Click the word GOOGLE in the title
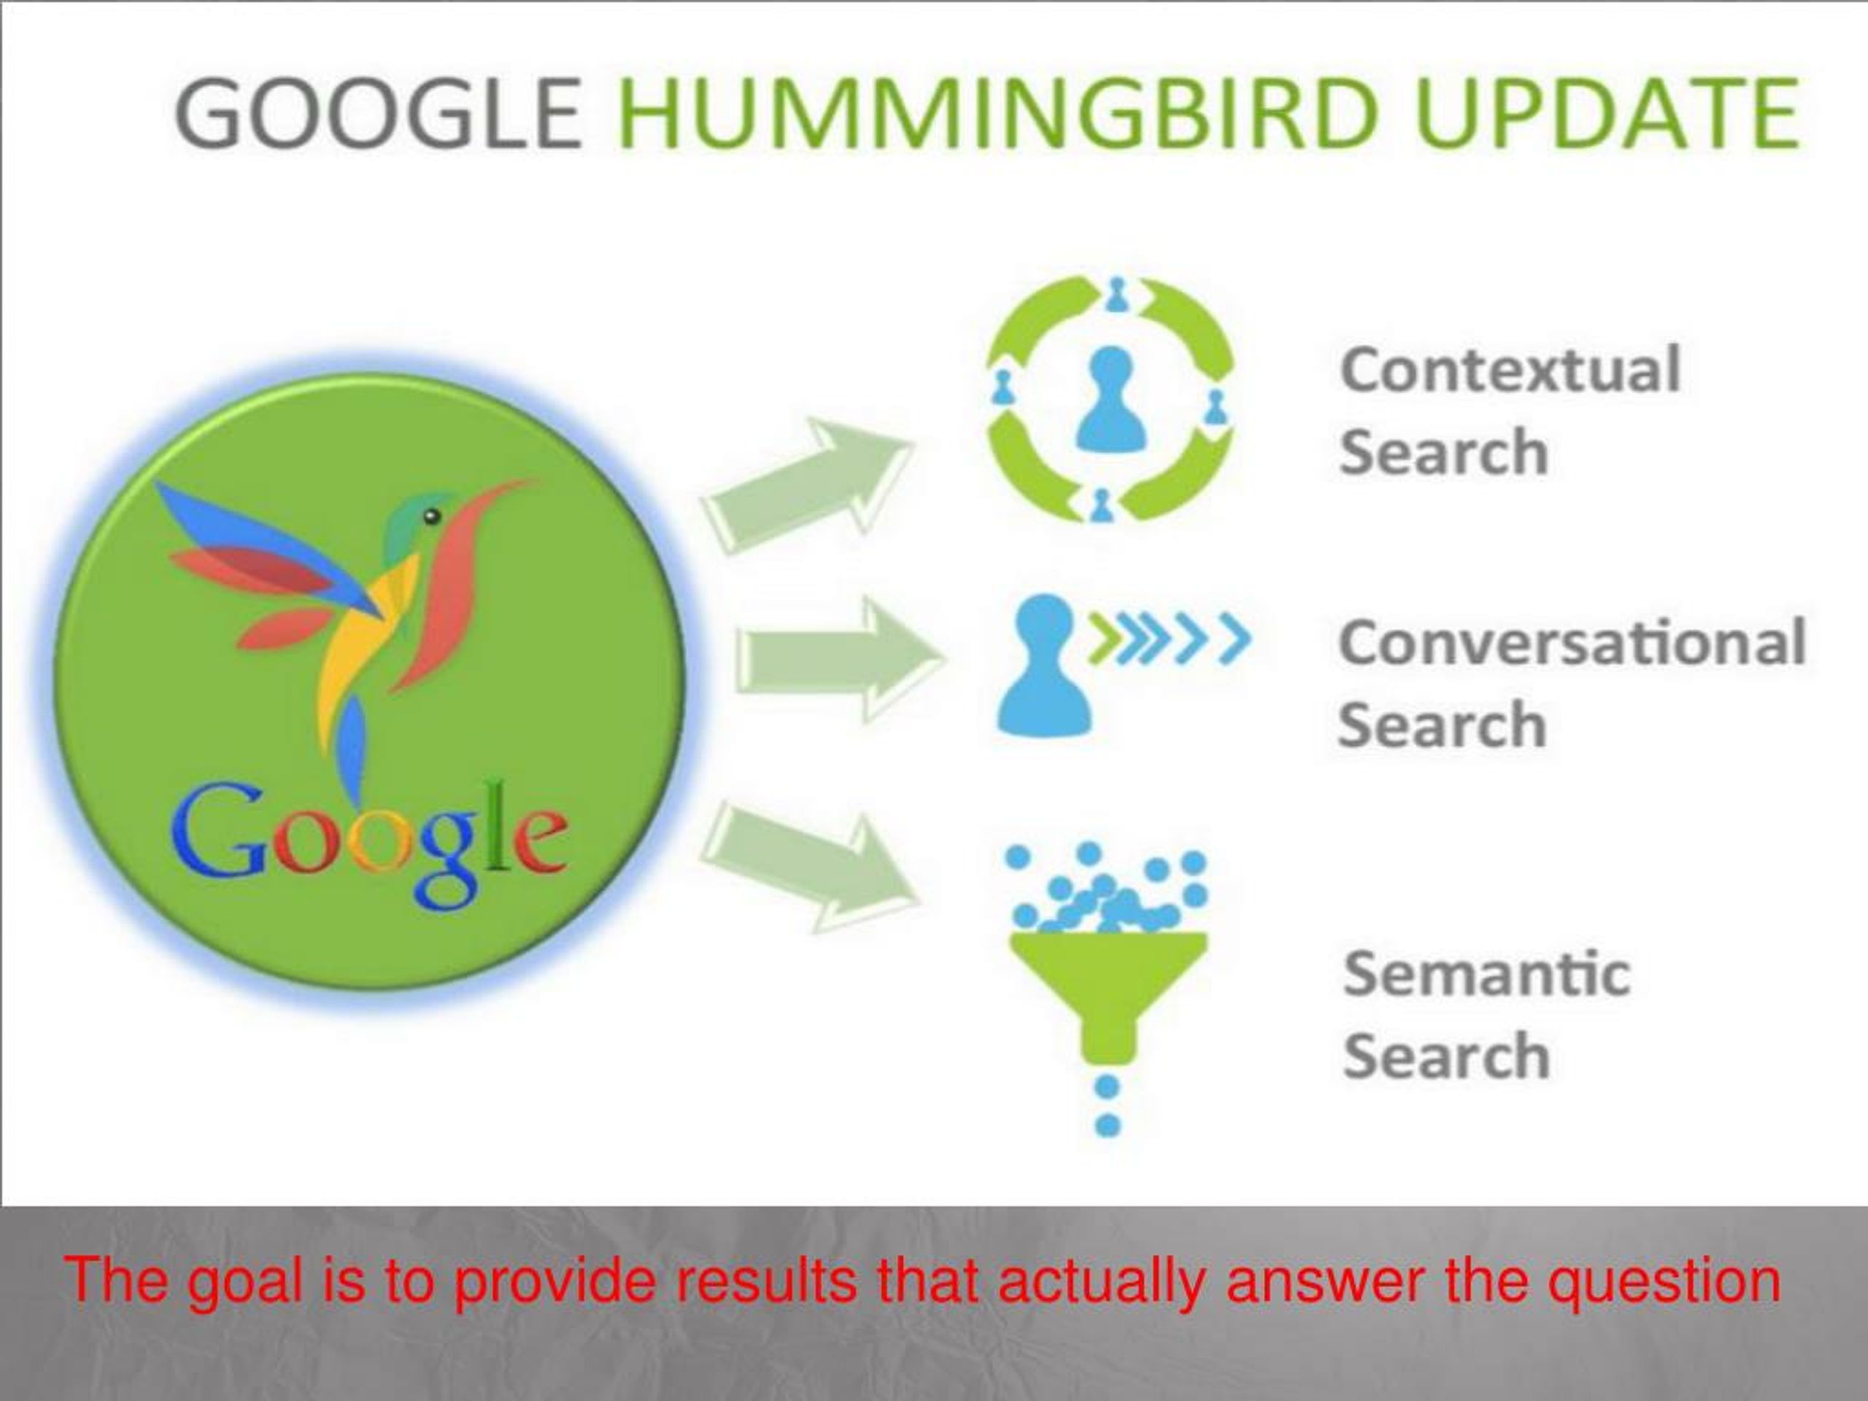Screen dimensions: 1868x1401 pyautogui.click(x=378, y=113)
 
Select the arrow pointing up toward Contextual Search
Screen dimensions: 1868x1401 pyautogui.click(x=806, y=487)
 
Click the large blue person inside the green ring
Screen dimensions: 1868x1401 pyautogui.click(x=1109, y=401)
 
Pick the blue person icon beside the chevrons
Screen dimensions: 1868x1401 pyautogui.click(x=1046, y=664)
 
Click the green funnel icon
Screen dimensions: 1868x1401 pyautogui.click(x=1108, y=993)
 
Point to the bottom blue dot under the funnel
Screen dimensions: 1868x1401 pyautogui.click(x=1107, y=1126)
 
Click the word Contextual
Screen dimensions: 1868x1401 pyautogui.click(x=1510, y=370)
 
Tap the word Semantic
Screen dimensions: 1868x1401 pyautogui.click(x=1487, y=973)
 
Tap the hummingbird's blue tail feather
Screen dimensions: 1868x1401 pyautogui.click(x=350, y=747)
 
